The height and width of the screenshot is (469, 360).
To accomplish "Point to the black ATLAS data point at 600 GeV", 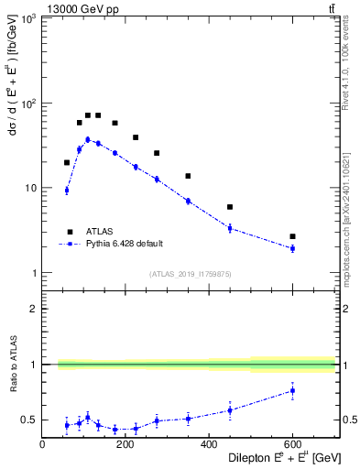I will (292, 236).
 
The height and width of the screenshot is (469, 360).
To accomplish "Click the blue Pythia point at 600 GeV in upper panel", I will (292, 248).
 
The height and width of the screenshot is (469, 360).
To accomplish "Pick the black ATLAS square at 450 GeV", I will (230, 207).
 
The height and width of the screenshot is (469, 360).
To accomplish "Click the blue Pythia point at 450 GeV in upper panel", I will (230, 228).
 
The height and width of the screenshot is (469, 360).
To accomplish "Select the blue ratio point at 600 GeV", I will (292, 390).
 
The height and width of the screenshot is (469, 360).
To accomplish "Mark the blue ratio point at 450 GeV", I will (230, 410).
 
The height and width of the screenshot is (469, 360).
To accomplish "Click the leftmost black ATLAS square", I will (67, 162).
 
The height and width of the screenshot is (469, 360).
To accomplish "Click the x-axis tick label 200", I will (125, 444).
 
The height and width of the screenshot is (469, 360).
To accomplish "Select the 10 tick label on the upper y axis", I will (29, 188).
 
